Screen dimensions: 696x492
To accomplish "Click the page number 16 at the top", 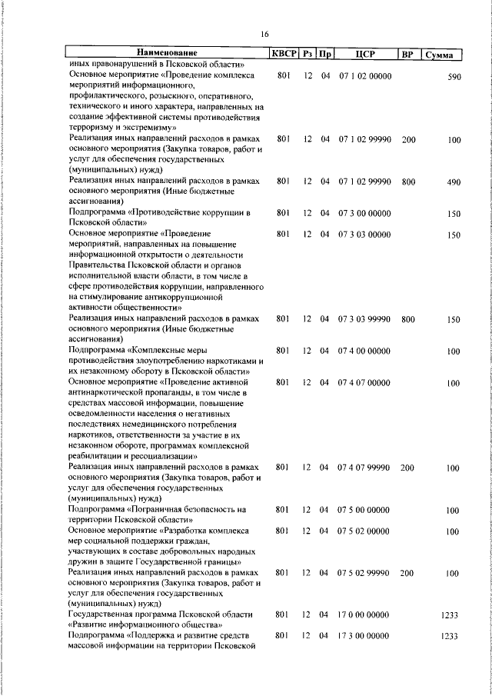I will click(264, 34).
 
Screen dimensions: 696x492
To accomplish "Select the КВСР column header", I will click(282, 55).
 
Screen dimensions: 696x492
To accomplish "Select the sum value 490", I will click(453, 181).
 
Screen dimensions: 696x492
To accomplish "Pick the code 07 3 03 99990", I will click(364, 318).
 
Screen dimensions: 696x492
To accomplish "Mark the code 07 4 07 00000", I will click(364, 382).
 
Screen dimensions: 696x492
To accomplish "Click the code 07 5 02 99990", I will click(364, 573).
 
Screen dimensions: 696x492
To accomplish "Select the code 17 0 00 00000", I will click(364, 615).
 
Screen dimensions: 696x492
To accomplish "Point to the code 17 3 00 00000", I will click(364, 637).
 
